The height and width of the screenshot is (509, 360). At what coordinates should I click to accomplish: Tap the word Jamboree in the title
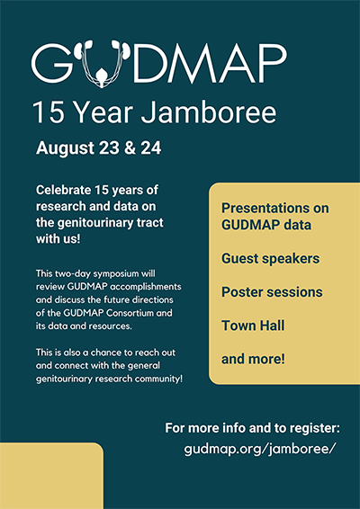click(208, 112)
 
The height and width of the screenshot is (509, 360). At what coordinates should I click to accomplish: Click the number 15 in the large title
click(48, 112)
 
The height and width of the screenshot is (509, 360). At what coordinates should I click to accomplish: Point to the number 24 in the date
click(151, 148)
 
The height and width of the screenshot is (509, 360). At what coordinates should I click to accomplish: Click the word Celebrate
click(64, 190)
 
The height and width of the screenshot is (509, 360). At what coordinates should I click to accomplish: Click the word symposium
click(116, 274)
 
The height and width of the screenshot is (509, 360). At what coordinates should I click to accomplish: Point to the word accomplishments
click(146, 287)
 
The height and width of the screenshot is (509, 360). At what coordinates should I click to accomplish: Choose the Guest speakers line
click(270, 259)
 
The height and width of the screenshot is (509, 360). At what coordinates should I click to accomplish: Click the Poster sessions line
click(272, 292)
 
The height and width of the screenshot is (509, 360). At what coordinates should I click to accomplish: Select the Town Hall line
click(253, 326)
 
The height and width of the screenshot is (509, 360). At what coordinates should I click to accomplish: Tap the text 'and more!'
click(253, 359)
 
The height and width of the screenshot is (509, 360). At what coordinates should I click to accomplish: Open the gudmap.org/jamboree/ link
click(259, 450)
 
